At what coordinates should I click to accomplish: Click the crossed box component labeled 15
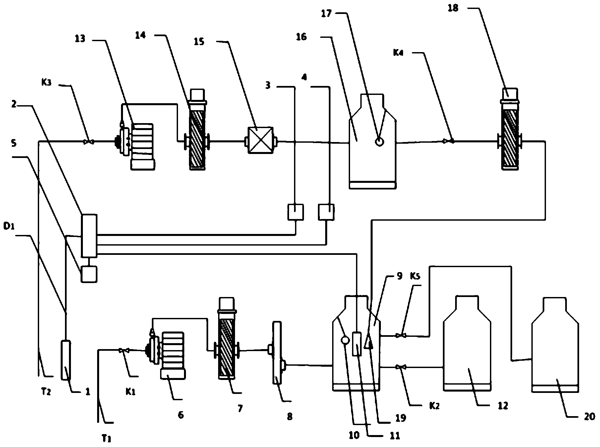point(261,140)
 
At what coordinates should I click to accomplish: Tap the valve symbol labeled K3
point(89,142)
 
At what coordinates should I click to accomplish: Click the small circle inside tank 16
point(379,141)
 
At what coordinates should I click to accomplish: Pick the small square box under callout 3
point(295,212)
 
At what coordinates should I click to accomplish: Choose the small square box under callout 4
point(326,212)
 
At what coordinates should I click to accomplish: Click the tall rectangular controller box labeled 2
point(89,236)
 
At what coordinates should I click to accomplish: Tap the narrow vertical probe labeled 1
point(66,360)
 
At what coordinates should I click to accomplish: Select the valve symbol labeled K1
point(124,350)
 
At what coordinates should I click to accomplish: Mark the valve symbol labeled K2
point(401,367)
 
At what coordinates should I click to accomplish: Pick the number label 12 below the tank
point(503,406)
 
